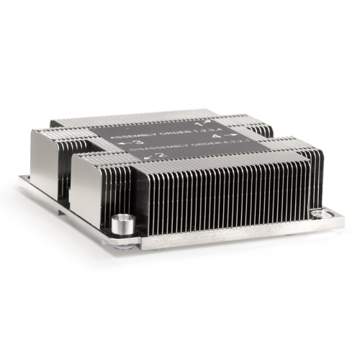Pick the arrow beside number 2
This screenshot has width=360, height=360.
click(150, 156)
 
